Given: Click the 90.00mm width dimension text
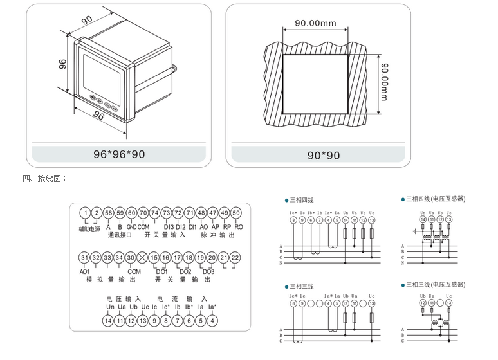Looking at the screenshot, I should pos(315,24).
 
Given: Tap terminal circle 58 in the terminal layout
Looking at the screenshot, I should pos(108,213).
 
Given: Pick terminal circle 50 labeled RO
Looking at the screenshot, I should pos(236,213).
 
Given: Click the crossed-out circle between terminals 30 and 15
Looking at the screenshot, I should pos(142,258).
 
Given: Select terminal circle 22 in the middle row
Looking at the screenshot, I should pos(235,258).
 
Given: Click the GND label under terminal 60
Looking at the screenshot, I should pos(131,226).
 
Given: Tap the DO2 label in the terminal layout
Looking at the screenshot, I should pos(185,271).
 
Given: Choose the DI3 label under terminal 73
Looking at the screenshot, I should pos(169,226).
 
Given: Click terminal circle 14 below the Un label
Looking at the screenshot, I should pos(108,319).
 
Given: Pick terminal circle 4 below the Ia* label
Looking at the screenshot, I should pos(213,319).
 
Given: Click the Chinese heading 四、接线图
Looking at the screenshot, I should pos(44,178).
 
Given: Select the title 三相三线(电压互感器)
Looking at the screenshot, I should pos(436,284).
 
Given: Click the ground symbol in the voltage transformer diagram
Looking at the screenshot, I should pos(415,230).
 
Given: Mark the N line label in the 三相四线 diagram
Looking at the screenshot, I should pos(281,263).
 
